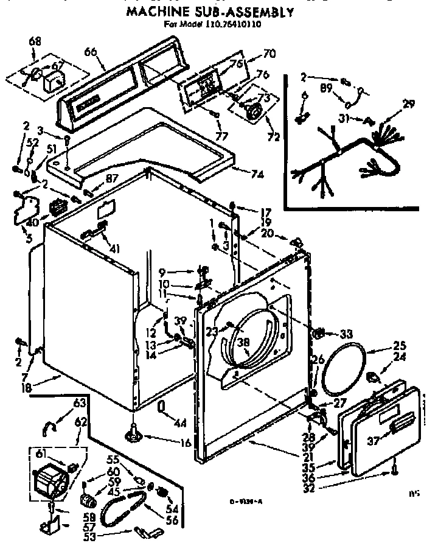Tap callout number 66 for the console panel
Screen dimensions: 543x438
[91, 52]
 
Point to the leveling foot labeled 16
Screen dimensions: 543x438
[132, 433]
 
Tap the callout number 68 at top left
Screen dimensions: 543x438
[35, 42]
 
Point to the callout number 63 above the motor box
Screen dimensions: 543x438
[79, 403]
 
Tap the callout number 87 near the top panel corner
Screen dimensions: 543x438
[111, 178]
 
